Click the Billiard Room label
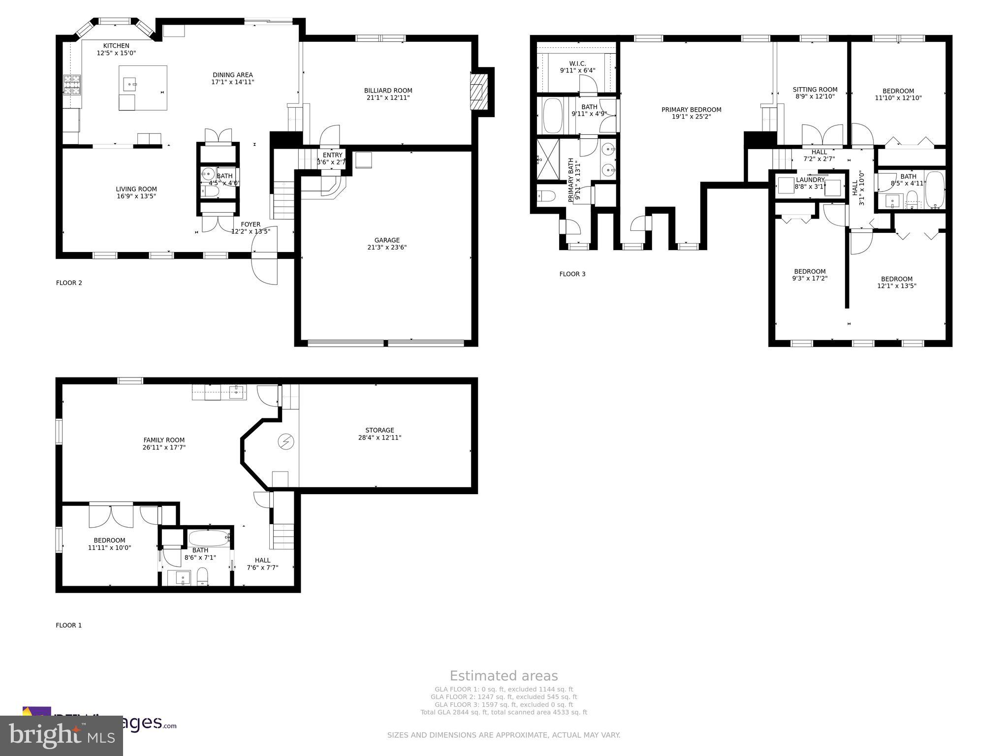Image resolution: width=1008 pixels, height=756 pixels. tap(388, 91)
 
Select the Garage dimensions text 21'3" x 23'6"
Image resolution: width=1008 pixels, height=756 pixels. tap(387, 248)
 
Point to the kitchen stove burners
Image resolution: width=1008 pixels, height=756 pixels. tap(72, 85)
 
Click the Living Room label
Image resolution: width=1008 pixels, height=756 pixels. tap(136, 189)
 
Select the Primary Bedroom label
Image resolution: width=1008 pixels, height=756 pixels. tap(691, 110)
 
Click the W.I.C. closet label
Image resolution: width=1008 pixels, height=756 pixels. tap(577, 63)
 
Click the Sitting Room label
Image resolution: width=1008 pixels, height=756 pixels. tap(815, 90)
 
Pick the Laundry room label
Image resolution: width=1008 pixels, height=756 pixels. tap(810, 180)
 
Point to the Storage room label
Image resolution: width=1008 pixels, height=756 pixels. tap(379, 430)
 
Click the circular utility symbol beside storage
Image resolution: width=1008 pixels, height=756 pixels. tap(285, 441)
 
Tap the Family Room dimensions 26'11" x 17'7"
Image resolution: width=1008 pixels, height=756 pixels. tap(164, 447)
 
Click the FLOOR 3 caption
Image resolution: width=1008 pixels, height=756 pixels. tap(572, 274)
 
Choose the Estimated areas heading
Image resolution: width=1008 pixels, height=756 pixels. tap(504, 676)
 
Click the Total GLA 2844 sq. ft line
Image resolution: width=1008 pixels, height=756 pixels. tap(504, 712)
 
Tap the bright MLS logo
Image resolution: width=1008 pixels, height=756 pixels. tap(61, 735)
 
